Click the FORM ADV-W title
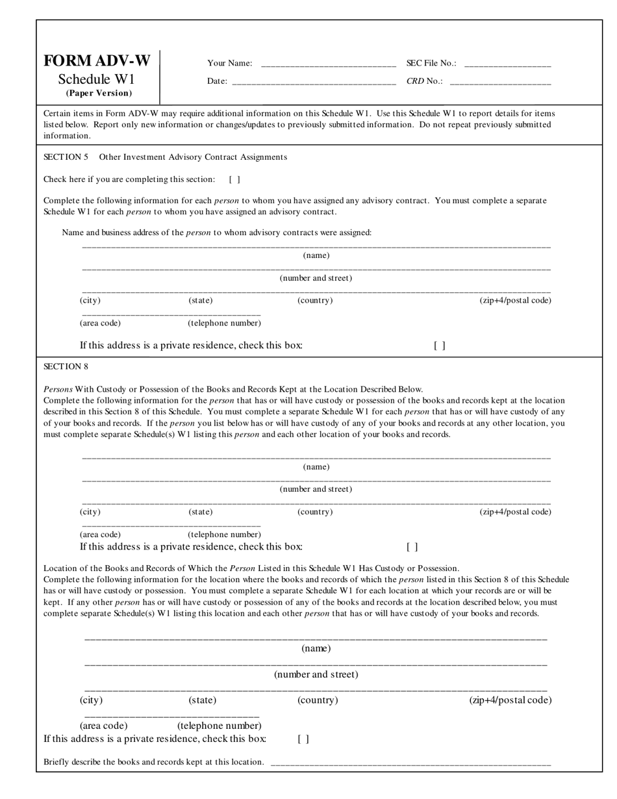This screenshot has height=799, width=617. pyautogui.click(x=97, y=61)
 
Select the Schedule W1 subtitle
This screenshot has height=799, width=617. pyautogui.click(x=96, y=79)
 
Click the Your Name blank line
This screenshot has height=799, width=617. pyautogui.click(x=328, y=64)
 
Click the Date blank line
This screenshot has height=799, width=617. pyautogui.click(x=314, y=82)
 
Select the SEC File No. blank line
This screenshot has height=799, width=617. pyautogui.click(x=508, y=64)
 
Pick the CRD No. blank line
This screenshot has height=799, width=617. pyautogui.click(x=500, y=82)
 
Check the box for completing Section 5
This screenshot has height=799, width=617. pyautogui.click(x=234, y=179)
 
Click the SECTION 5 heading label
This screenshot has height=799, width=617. pyautogui.click(x=66, y=157)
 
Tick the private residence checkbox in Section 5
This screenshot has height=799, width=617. pyautogui.click(x=440, y=346)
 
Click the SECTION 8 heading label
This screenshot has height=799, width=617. pyautogui.click(x=66, y=366)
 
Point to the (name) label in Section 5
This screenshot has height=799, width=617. pyautogui.click(x=316, y=255)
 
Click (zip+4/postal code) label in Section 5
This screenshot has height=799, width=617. pyautogui.click(x=515, y=300)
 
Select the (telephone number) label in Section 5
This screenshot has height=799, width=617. pyautogui.click(x=224, y=323)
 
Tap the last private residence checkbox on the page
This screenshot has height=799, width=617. pyautogui.click(x=303, y=739)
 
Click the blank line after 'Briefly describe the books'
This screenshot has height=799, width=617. pyautogui.click(x=410, y=763)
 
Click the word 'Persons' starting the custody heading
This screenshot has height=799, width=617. pyautogui.click(x=58, y=389)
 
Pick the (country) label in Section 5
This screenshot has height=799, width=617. pyautogui.click(x=315, y=300)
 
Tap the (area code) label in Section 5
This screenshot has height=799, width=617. pyautogui.click(x=100, y=323)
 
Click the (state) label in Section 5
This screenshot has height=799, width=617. pyautogui.click(x=201, y=300)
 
